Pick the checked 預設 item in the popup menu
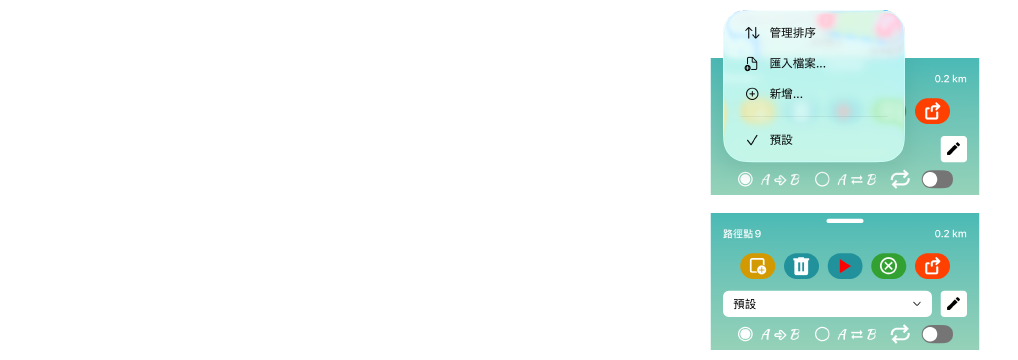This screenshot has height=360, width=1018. pos(781,140)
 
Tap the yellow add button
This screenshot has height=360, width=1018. pos(758,266)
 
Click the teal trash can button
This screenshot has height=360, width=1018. pos(801,266)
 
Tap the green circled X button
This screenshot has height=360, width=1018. pos(888,266)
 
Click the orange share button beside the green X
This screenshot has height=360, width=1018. pos(932,266)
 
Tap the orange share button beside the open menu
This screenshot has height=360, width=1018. pos(932,112)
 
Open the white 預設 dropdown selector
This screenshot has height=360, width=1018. pos(827,304)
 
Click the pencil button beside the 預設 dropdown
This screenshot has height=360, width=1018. pos(954,304)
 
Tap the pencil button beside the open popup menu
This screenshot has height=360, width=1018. pos(954,149)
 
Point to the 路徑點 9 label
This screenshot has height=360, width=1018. pos(742,234)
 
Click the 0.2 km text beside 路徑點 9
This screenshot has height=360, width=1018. pos(950,234)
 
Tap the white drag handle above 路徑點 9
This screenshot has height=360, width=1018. pos(845,221)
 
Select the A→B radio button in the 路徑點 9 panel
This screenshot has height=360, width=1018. pos(745,335)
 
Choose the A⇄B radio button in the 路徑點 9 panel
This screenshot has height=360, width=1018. pos(822,335)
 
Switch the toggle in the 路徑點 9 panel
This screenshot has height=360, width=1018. pos(937,335)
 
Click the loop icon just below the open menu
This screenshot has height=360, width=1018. pos(900,180)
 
